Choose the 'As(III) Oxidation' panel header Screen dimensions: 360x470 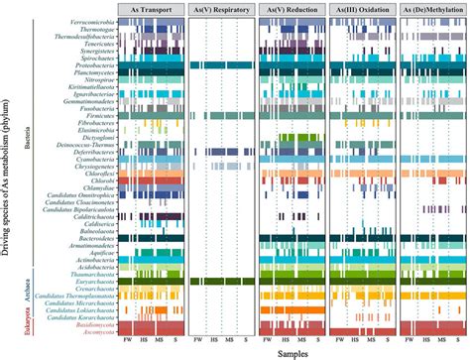360,9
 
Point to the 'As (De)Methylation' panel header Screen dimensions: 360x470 430,9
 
